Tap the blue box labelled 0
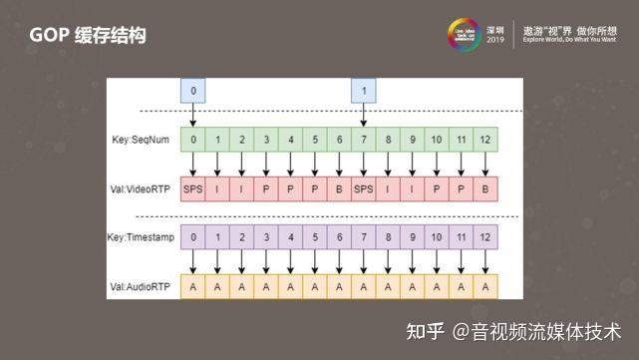[x=193, y=92]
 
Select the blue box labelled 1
[x=366, y=92]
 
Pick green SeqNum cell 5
[x=315, y=140]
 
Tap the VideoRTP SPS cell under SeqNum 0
[x=193, y=187]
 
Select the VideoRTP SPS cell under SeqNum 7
[x=365, y=187]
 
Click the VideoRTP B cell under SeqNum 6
[x=340, y=187]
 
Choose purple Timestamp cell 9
[x=413, y=238]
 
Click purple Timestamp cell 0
[x=193, y=238]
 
